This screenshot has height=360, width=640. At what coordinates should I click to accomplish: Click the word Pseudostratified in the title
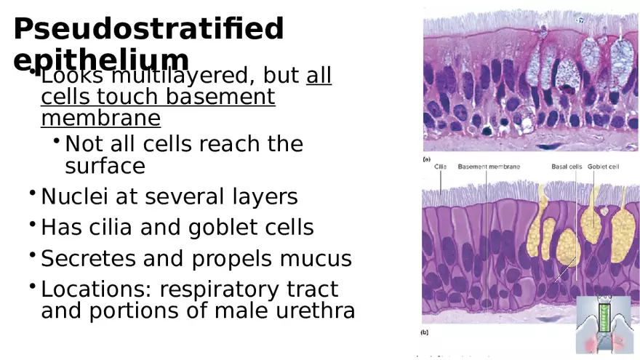[148, 29]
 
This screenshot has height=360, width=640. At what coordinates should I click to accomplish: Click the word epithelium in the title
[101, 59]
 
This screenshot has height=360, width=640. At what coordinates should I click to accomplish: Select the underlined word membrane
[100, 118]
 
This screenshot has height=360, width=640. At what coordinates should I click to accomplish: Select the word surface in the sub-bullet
[105, 166]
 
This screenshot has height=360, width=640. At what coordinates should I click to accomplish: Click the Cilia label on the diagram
[441, 167]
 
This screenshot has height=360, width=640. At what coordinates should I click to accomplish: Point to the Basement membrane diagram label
[489, 167]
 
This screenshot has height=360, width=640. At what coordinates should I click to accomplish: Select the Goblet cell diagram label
[603, 167]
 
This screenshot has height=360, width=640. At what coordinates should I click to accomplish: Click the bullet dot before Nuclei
[33, 193]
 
